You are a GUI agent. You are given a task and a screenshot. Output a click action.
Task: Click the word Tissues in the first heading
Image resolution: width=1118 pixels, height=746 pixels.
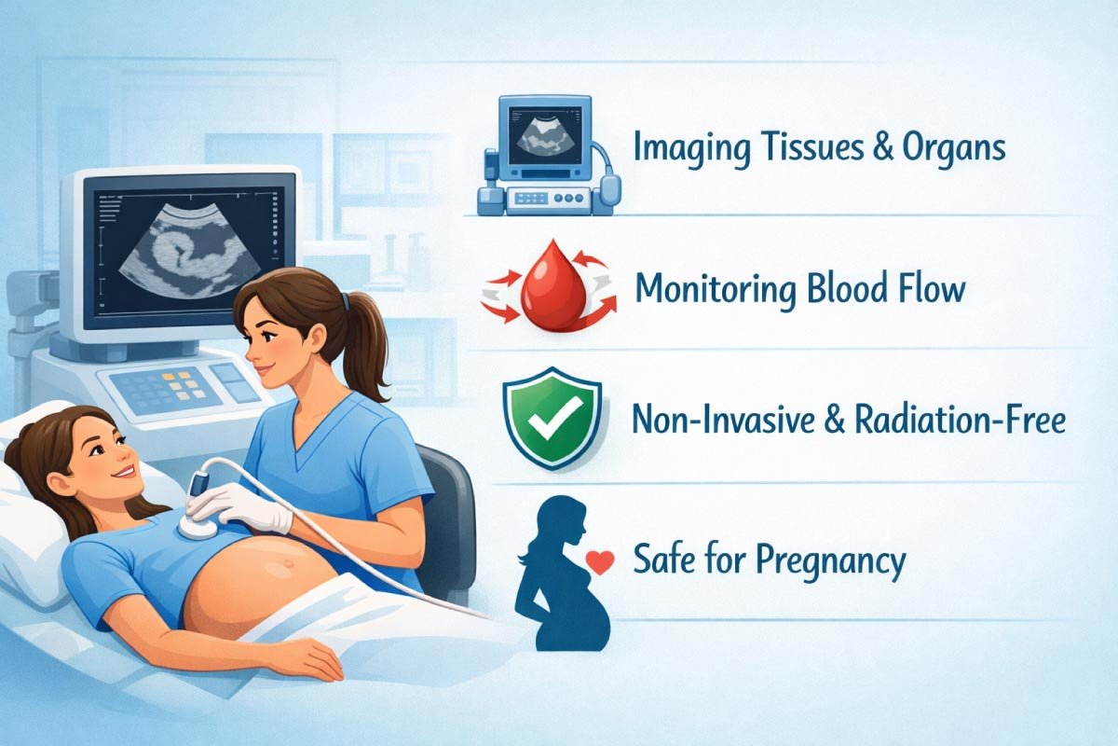point(801,150)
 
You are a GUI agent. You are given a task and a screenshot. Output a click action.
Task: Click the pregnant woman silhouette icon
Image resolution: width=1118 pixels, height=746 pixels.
point(564,573)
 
